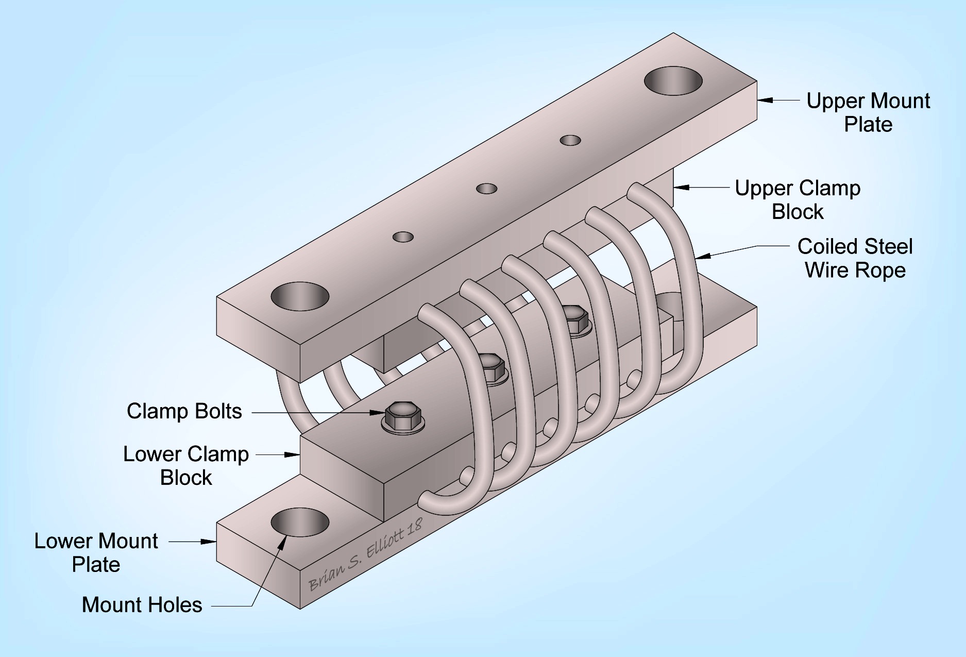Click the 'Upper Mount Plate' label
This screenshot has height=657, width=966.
868,112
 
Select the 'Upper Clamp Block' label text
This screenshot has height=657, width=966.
797,200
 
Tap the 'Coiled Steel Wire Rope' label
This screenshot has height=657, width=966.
855,258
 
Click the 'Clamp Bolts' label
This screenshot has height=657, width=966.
184,411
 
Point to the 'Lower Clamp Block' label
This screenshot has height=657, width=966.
186,465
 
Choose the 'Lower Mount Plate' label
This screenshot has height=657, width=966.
96,552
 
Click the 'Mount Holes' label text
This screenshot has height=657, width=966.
142,605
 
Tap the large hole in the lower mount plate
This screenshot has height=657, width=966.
300,523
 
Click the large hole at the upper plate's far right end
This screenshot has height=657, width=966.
673,81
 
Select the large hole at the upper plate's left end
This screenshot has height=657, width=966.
300,296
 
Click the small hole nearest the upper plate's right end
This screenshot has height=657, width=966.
570,140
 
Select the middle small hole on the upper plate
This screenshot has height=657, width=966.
486,189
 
